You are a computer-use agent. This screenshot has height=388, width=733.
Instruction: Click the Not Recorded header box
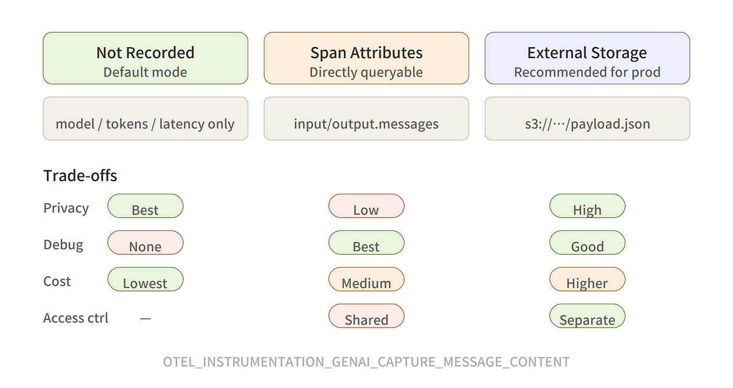pos(146,58)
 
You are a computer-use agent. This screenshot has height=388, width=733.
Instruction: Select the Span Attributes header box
pos(366,58)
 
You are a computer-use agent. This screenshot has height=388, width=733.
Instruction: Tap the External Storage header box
pos(587,58)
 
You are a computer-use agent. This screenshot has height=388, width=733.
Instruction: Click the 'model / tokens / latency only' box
pos(146,118)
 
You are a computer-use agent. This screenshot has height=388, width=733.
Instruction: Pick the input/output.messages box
pos(366,118)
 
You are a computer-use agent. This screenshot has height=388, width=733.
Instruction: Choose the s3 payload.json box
pos(587,118)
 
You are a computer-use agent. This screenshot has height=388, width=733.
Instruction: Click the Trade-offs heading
pos(80,176)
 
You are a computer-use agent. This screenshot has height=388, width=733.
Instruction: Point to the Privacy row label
pos(66,208)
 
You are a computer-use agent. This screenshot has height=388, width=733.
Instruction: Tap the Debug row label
pos(63,245)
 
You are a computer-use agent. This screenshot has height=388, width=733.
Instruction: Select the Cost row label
pos(57,281)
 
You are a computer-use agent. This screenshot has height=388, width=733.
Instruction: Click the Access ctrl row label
pos(75,318)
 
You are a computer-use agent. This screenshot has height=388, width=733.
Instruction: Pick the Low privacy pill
pos(366,206)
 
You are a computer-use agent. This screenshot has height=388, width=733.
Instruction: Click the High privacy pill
pos(587,206)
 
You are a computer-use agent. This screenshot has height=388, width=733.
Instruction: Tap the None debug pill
pos(146,243)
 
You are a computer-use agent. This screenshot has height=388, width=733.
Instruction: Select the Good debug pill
pos(587,243)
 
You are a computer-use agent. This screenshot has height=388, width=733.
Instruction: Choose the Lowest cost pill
pos(146,280)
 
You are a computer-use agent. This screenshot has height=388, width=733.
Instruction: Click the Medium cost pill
pos(366,280)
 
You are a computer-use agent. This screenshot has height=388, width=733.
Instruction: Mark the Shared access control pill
pos(366,316)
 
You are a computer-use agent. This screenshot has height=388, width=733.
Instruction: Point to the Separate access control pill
pos(587,316)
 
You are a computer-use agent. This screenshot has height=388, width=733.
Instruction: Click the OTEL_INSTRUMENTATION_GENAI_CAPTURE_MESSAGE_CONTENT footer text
pos(366,362)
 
